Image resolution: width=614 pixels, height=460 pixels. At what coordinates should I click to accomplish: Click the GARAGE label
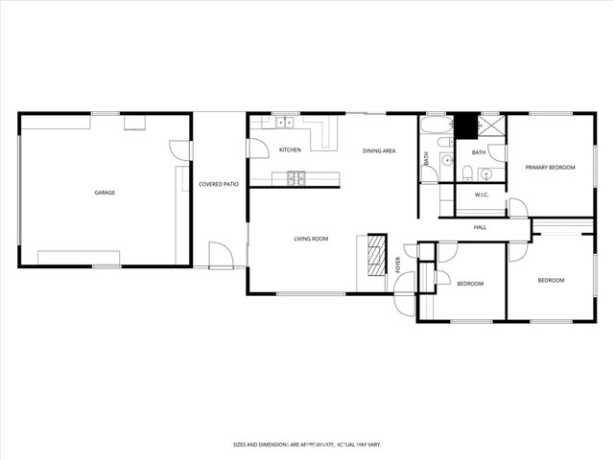point(105,193)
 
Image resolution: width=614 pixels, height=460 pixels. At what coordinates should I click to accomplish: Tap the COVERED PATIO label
point(219,183)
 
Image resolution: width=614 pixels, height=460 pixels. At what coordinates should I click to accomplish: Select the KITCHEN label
point(290,150)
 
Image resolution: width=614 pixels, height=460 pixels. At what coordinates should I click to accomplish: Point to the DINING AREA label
point(379,150)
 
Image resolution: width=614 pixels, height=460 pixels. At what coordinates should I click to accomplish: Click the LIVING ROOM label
point(311,239)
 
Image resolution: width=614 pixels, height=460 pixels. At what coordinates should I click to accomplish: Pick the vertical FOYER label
point(398,265)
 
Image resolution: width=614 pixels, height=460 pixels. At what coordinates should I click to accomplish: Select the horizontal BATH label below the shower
point(478,152)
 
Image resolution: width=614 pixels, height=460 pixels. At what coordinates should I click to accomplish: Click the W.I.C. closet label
point(482,195)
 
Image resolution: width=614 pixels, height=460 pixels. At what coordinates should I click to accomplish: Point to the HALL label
point(480,227)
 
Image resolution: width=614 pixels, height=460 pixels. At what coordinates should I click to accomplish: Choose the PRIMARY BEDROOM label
point(550,168)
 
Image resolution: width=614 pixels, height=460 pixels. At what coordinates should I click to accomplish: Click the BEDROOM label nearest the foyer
point(470,284)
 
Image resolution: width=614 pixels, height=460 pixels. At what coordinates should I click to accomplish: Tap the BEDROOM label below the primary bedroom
point(551,280)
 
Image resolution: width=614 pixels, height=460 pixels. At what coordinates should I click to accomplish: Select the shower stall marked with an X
point(491,126)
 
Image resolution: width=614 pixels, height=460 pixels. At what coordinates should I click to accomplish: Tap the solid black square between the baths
point(466,125)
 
